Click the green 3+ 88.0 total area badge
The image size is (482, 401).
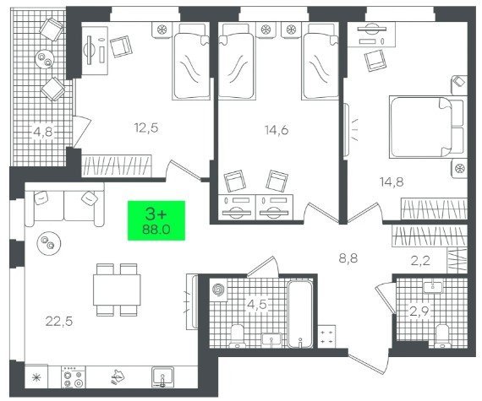click(x=156, y=220)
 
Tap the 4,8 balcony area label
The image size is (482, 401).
click(x=43, y=133)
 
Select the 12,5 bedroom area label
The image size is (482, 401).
click(x=146, y=127)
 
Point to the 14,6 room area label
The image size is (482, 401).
click(x=277, y=130)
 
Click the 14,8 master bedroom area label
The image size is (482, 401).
click(x=392, y=182)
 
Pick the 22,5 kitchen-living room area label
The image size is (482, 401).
click(x=59, y=322)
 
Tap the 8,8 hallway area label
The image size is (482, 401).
click(x=348, y=258)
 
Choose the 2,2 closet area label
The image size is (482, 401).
click(x=420, y=261)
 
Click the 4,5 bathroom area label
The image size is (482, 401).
click(x=257, y=305)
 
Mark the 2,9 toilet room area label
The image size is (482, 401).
click(x=419, y=312)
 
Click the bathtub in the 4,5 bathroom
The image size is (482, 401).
click(x=300, y=315)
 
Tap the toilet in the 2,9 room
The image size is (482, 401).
click(x=442, y=336)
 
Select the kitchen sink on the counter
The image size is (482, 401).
click(x=162, y=377)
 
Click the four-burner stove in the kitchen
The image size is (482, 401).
click(x=74, y=377)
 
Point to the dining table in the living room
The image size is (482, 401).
click(x=117, y=290)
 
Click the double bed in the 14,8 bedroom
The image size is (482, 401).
click(x=426, y=127)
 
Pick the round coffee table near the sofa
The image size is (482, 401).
click(x=48, y=242)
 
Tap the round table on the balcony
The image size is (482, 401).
click(x=45, y=60)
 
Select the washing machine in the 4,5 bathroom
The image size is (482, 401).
click(x=218, y=289)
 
